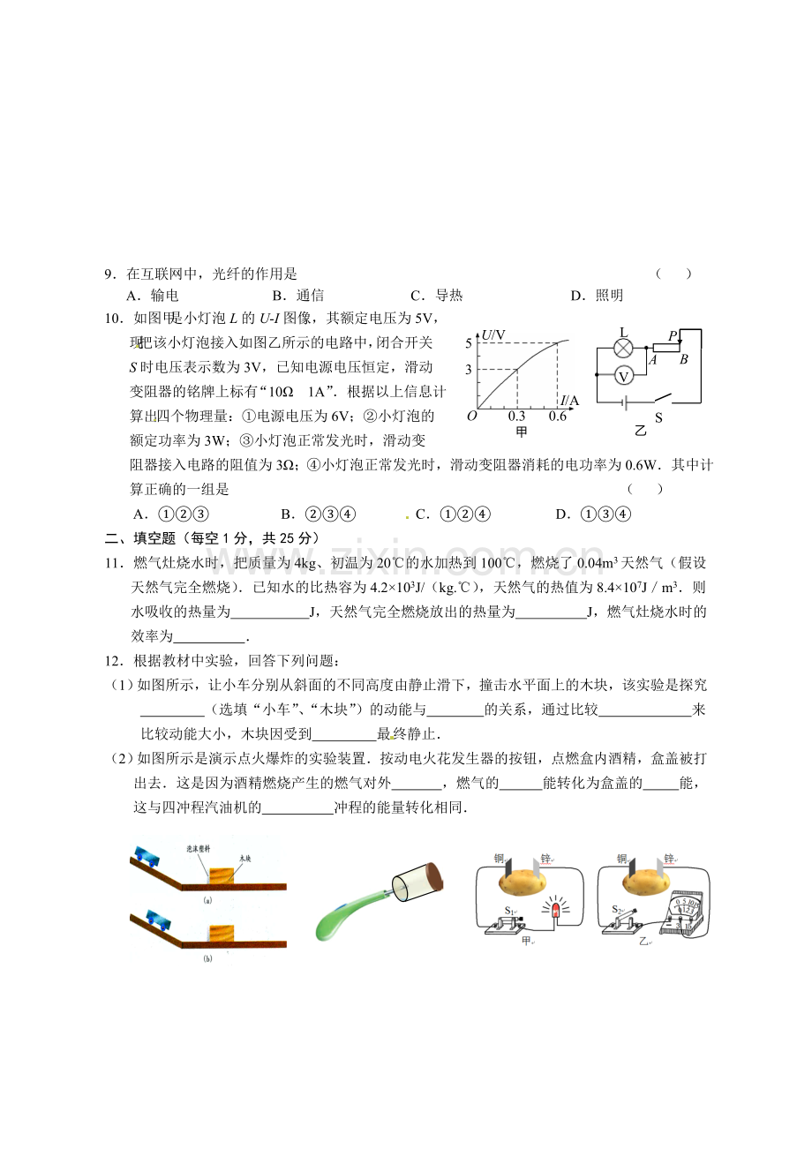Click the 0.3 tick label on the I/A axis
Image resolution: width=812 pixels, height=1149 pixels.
tap(516, 417)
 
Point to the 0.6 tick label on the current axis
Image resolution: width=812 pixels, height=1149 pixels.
tap(557, 417)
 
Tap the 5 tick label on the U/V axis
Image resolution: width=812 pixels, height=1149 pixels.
tap(469, 342)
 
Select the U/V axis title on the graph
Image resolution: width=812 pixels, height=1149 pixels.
tap(493, 335)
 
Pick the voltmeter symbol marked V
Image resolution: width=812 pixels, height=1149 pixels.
tap(623, 375)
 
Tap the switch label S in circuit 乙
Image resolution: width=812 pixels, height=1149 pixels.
tap(658, 417)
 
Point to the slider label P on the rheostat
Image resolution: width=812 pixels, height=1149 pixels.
tap(673, 335)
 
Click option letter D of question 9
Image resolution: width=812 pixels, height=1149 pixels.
tap(576, 297)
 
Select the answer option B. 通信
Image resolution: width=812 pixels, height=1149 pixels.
tap(298, 297)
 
